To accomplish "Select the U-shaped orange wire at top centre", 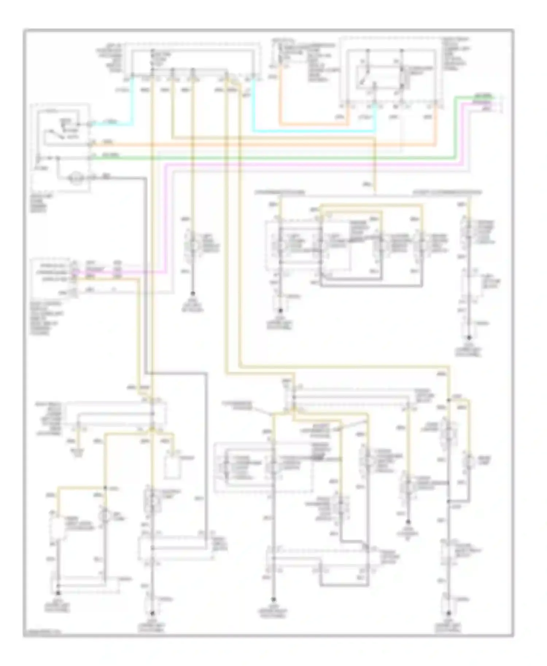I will pyautogui.click(x=314, y=124).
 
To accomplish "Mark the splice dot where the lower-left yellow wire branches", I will pyautogui.click(x=105, y=488).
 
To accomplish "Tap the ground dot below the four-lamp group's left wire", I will pyautogui.click(x=280, y=311).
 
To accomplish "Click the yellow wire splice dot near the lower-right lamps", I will pyautogui.click(x=449, y=400).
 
